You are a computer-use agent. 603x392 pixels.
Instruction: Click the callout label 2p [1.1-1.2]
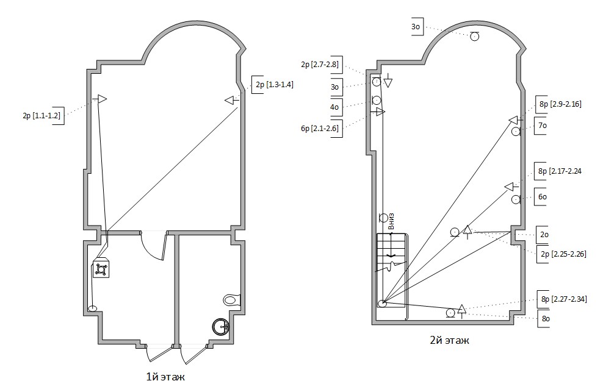pyautogui.click(x=42, y=116)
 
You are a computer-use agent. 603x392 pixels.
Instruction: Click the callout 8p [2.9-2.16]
pyautogui.click(x=559, y=104)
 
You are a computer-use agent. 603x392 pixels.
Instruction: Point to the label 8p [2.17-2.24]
pyautogui.click(x=559, y=171)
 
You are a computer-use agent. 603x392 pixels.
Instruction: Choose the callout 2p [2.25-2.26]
pyautogui.click(x=562, y=254)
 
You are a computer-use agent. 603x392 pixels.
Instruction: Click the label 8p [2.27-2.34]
pyautogui.click(x=562, y=299)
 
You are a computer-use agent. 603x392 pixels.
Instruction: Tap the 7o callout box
pyautogui.click(x=541, y=126)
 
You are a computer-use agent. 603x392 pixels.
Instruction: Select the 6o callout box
pyautogui.click(x=541, y=197)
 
